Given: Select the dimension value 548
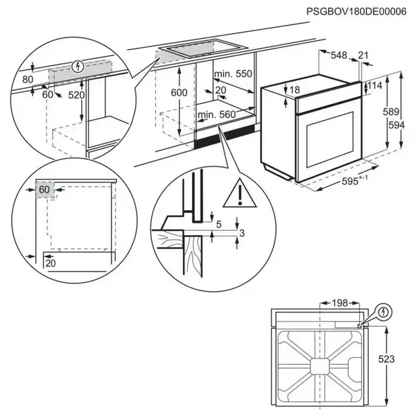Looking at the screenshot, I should pyautogui.click(x=338, y=55).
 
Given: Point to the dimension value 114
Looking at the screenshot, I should pyautogui.click(x=374, y=86).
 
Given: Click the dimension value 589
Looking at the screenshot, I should pyautogui.click(x=393, y=113).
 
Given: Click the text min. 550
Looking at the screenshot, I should pyautogui.click(x=233, y=74).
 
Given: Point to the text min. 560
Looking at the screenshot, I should pyautogui.click(x=217, y=114).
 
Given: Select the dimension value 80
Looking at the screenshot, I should pyautogui.click(x=28, y=80).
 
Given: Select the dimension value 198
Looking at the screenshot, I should pyautogui.click(x=339, y=303).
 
